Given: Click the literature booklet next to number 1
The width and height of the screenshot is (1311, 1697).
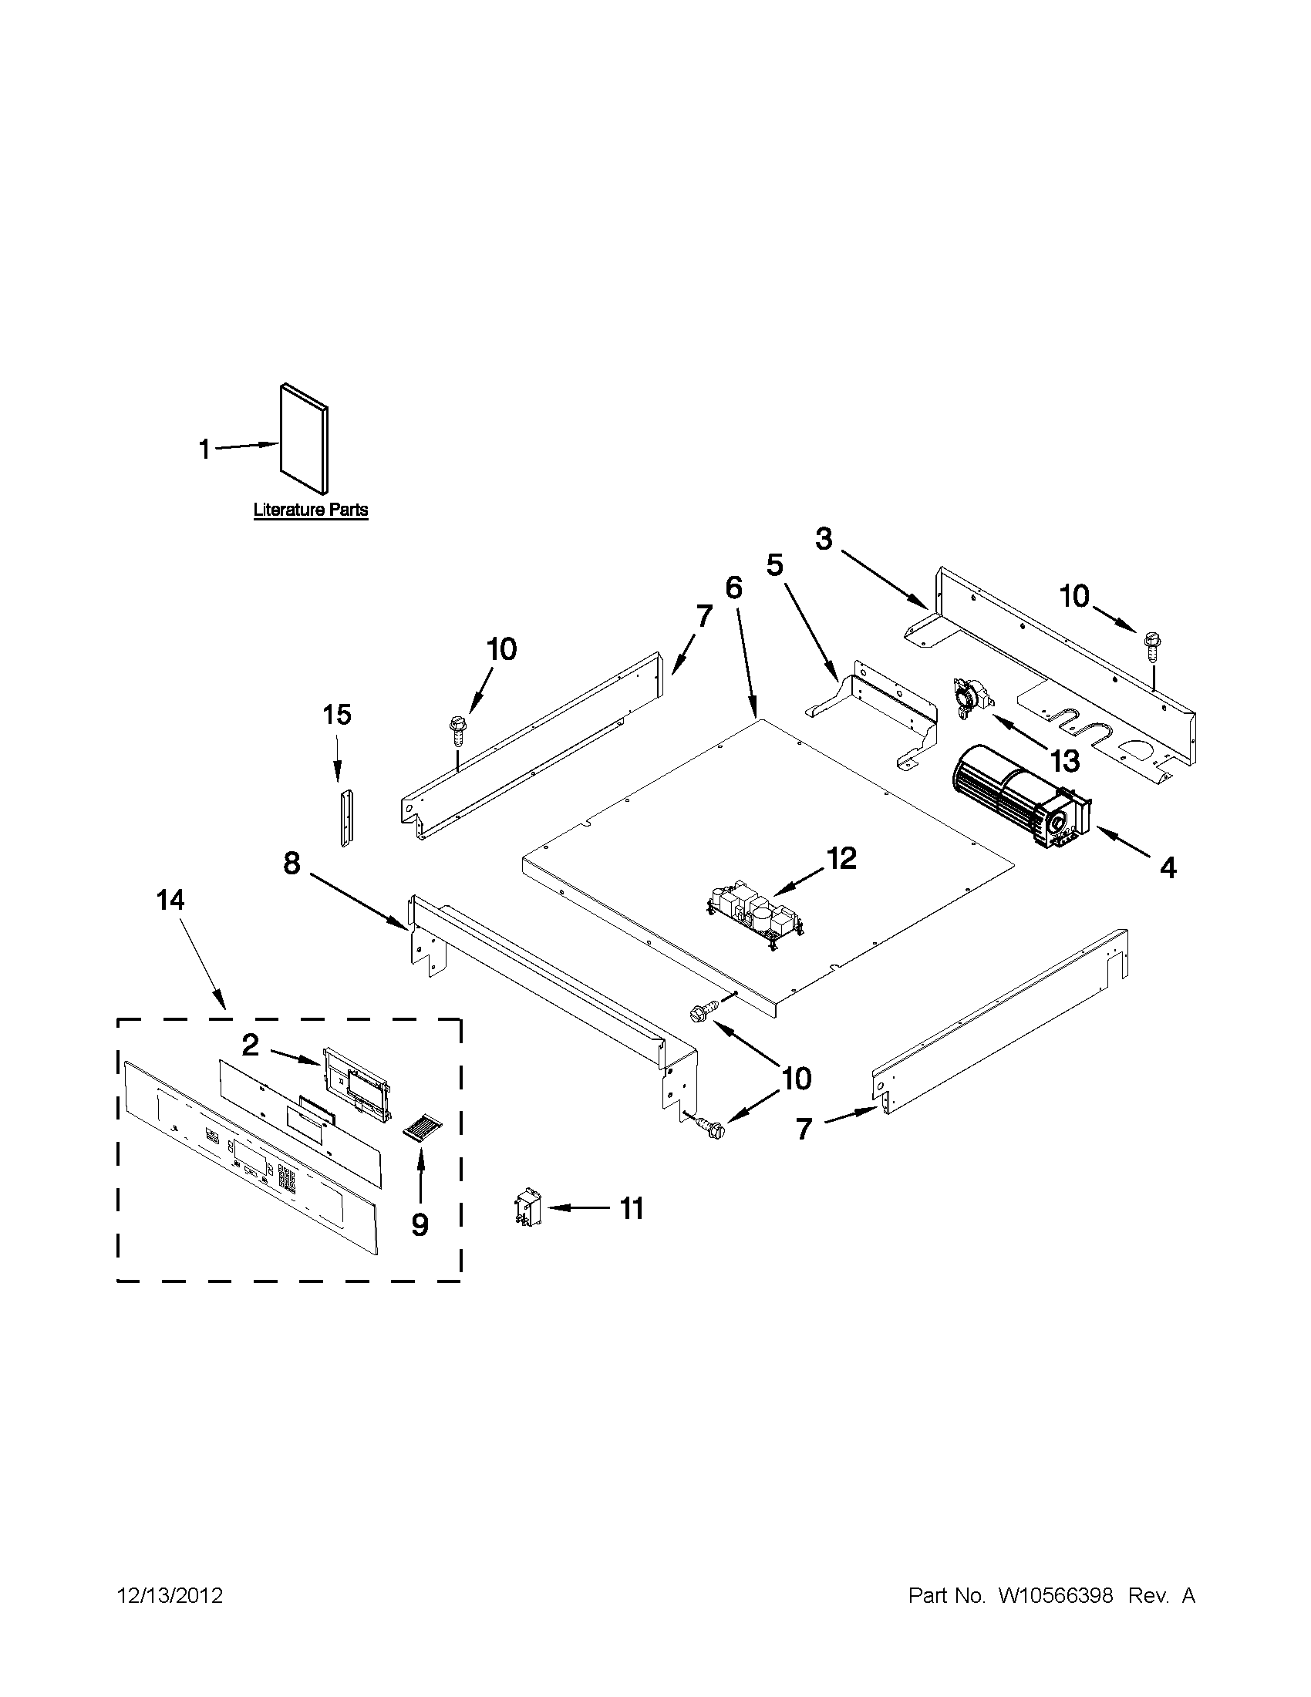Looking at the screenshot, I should [304, 439].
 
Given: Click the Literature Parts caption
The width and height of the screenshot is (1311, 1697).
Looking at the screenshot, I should [311, 510].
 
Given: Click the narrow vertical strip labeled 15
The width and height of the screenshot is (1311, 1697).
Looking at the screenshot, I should [343, 817].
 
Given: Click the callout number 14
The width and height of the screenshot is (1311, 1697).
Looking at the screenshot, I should [170, 901].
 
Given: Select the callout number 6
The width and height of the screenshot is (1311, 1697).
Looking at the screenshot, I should [733, 588].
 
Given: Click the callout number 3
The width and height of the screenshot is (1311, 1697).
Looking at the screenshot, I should [824, 538].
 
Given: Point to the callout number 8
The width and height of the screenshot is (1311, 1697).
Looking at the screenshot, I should [292, 862].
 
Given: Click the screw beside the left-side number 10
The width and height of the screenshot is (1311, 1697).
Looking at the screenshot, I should [455, 731].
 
